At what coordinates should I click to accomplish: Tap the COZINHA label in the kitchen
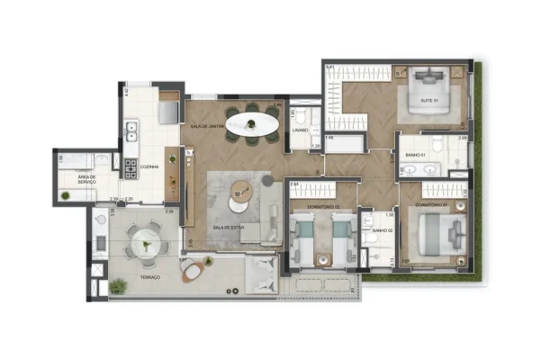pyautogui.click(x=150, y=166)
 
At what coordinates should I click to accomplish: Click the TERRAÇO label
pyautogui.click(x=149, y=277)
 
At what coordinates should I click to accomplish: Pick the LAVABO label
pyautogui.click(x=300, y=130)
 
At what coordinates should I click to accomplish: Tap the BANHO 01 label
pyautogui.click(x=415, y=156)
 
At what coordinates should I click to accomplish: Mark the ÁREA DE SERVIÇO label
pyautogui.click(x=87, y=180)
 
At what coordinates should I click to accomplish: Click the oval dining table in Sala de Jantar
pyautogui.click(x=252, y=123)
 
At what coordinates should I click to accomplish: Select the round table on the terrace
pyautogui.click(x=142, y=241)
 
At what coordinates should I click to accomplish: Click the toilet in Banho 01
pyautogui.click(x=436, y=145)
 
